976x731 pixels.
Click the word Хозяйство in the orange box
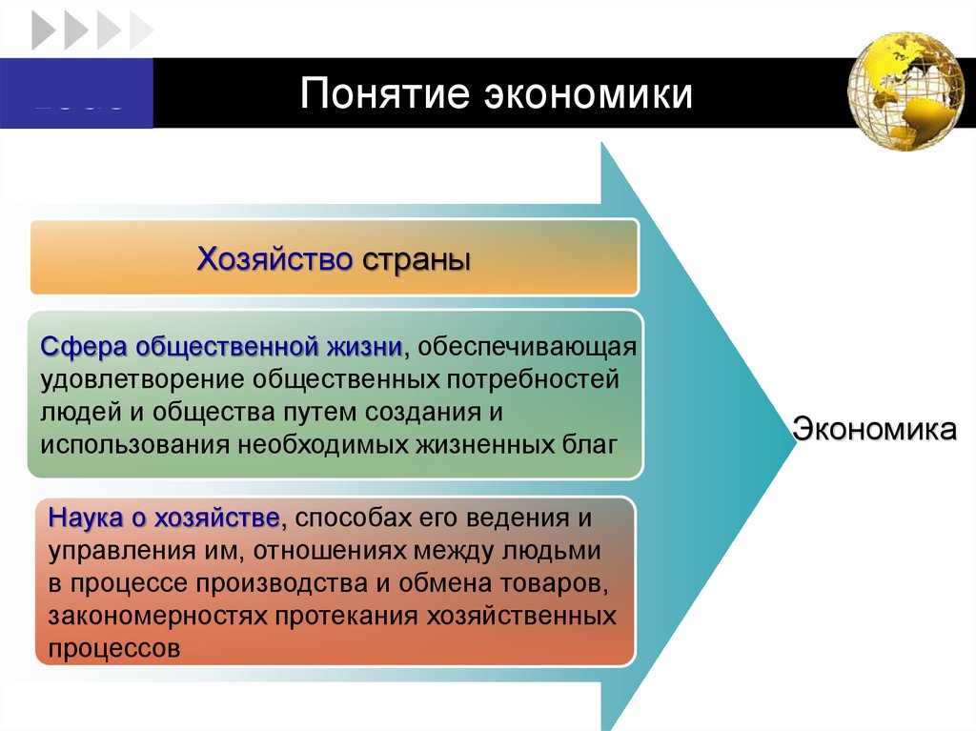pyautogui.click(x=274, y=258)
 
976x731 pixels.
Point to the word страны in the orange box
pyautogui.click(x=417, y=258)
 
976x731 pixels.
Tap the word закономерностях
pyautogui.click(x=157, y=615)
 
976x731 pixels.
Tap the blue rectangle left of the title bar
pyautogui.click(x=76, y=93)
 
